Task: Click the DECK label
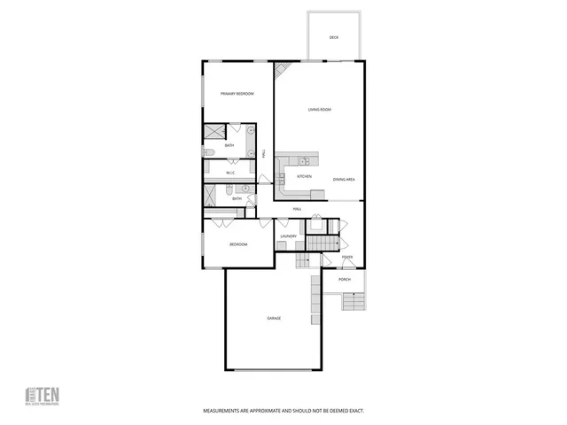coord(334,37)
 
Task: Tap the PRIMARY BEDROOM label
coord(237,93)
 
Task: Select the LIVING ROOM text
coord(319,110)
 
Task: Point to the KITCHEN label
coord(304,176)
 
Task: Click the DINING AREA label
coord(344,180)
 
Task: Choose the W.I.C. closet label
coord(229,173)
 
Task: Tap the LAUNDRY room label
coord(288,236)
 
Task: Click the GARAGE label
coord(274,318)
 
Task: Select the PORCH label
coord(344,280)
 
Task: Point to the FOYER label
coord(347,258)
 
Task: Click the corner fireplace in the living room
coord(281,70)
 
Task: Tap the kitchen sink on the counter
coord(303,161)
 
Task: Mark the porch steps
coord(353,302)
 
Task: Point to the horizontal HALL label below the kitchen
coord(298,209)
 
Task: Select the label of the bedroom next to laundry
coord(238,244)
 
